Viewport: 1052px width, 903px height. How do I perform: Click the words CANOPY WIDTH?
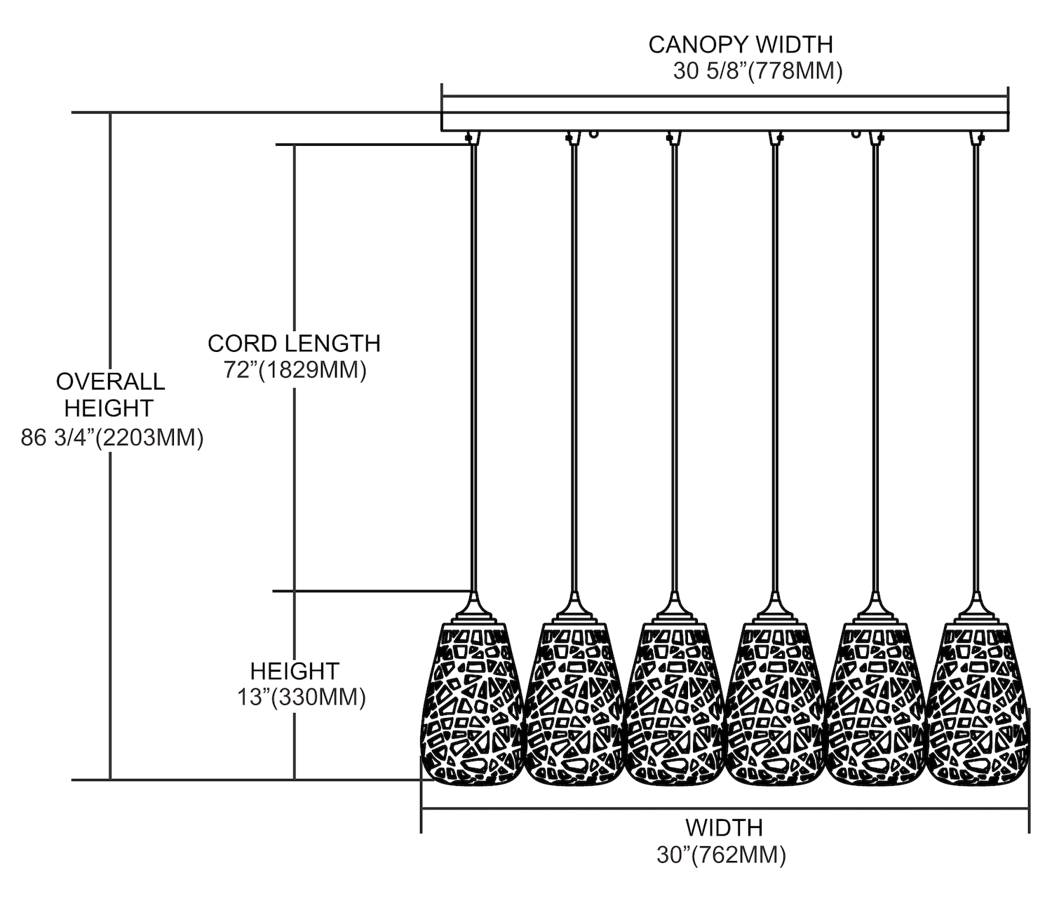coord(740,44)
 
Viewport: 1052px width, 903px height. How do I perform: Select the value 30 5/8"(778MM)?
coord(757,72)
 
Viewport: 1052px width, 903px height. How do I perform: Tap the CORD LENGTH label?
coord(294,343)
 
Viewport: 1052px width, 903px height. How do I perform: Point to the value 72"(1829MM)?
coord(295,369)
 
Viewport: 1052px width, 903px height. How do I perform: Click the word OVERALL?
coord(111,381)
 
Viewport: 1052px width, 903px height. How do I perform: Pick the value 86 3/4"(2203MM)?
coord(112,438)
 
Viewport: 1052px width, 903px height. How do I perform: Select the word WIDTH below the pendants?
coord(724,827)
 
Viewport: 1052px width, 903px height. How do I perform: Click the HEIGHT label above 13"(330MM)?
coord(295,671)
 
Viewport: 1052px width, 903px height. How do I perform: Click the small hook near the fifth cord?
coord(856,133)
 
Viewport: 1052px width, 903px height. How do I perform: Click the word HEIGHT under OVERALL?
coord(109,407)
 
